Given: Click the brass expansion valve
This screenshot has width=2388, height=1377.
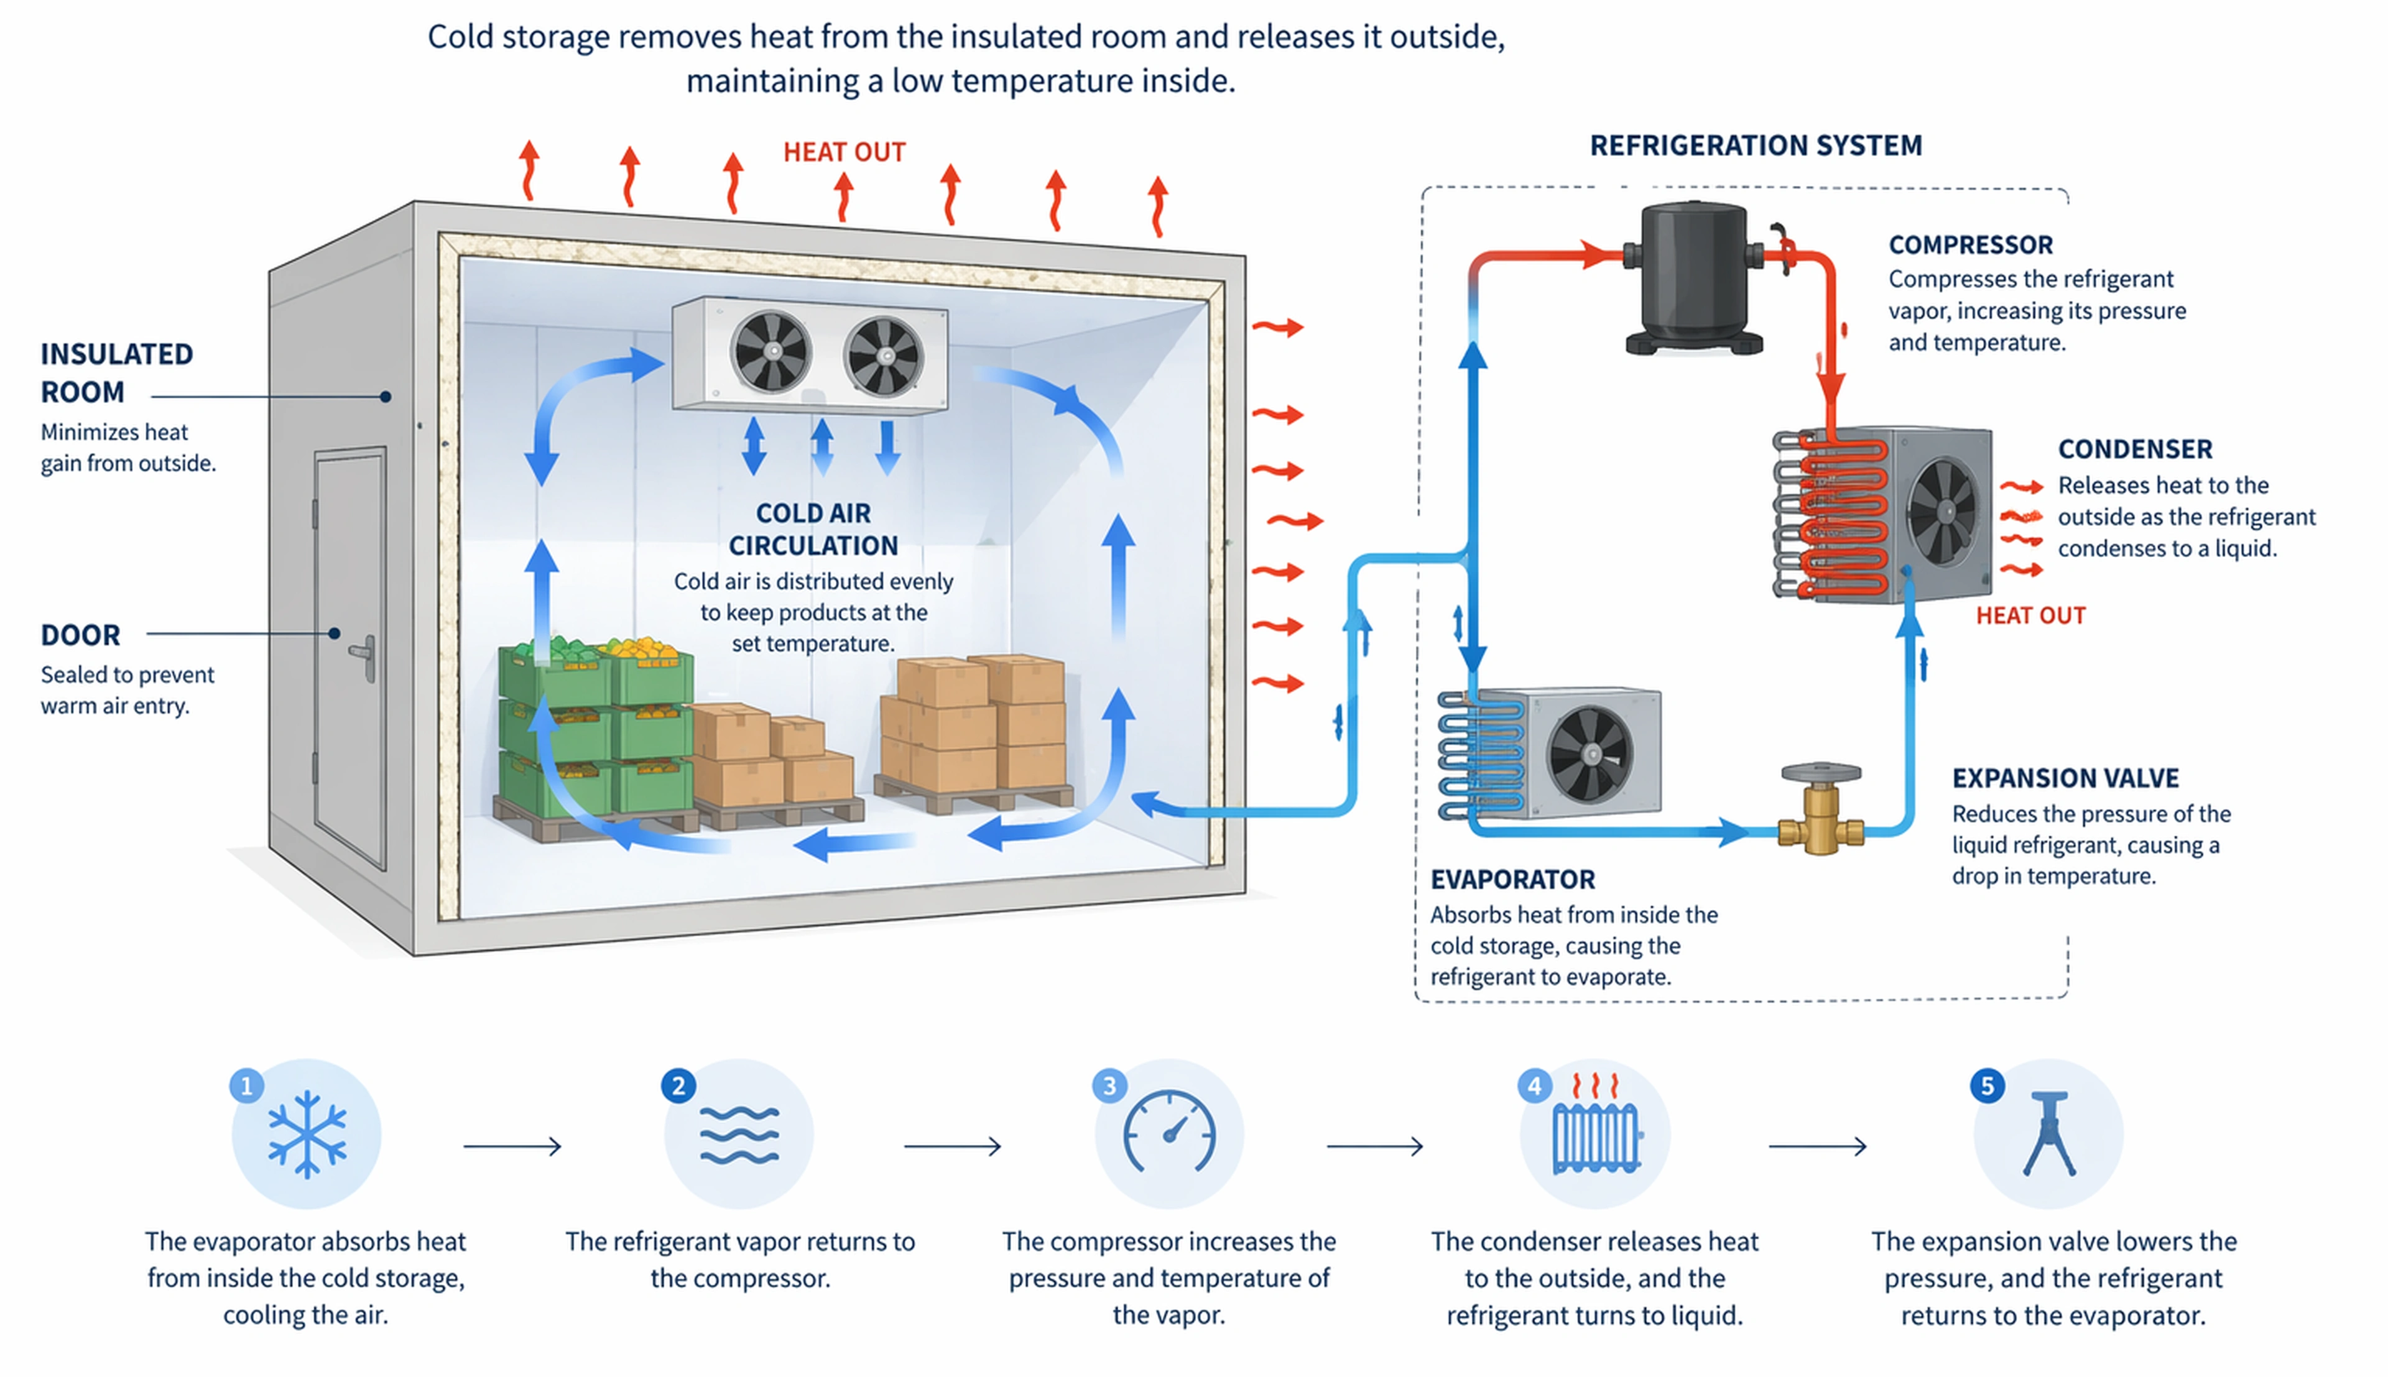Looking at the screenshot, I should [x=1821, y=811].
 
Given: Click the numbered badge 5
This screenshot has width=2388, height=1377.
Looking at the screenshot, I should [x=1987, y=1085].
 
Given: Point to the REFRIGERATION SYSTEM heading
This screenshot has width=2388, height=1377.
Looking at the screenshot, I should [x=1756, y=145].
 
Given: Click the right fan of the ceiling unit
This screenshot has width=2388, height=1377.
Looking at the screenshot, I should [x=884, y=356].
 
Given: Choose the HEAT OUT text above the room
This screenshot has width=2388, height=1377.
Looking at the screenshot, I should [x=844, y=152].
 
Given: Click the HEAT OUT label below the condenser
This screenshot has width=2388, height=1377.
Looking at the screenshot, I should [x=2030, y=615].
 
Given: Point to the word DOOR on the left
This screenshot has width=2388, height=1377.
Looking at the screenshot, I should [x=80, y=635].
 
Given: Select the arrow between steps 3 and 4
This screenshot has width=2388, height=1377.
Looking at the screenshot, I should [x=1374, y=1146].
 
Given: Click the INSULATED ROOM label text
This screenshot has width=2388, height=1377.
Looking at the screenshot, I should [x=116, y=372].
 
